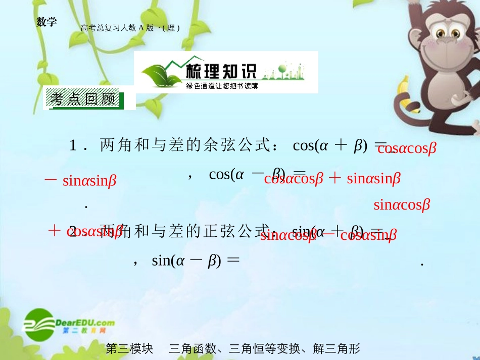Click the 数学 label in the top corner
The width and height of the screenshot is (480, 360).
click(46, 22)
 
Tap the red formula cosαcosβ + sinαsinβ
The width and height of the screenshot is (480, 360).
click(332, 178)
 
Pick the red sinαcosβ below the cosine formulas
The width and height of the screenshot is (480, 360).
click(402, 204)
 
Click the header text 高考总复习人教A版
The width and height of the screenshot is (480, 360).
click(117, 28)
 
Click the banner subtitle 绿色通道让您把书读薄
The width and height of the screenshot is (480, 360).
click(222, 86)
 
